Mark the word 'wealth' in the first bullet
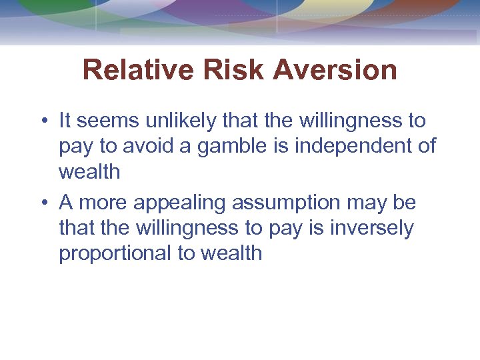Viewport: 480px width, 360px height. click(89, 172)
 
